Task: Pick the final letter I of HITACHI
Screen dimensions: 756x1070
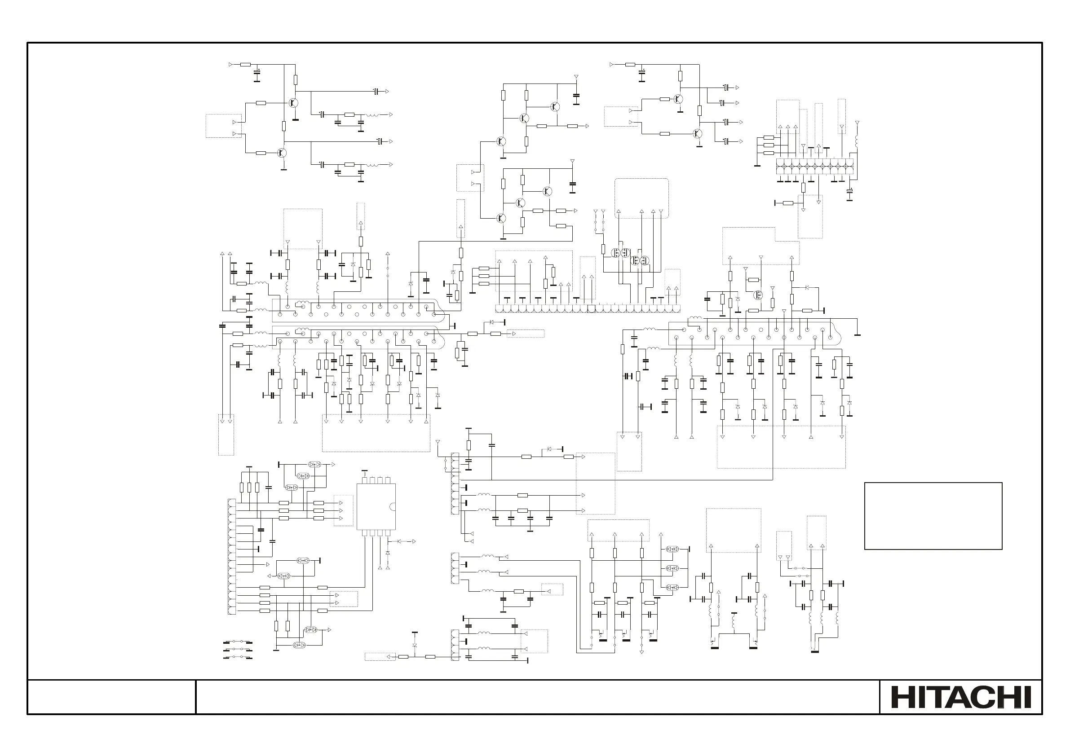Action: coord(1027,697)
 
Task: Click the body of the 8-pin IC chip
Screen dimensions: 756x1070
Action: coord(376,506)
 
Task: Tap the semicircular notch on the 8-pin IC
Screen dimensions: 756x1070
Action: coord(394,507)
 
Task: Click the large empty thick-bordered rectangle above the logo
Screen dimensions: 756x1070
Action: coord(933,516)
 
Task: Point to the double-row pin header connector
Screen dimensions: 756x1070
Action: coord(814,166)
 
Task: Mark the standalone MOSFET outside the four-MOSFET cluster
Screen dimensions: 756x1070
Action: coord(758,295)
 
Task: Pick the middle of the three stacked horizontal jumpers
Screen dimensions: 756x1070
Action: coord(238,649)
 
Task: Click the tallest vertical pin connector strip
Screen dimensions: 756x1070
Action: coord(232,557)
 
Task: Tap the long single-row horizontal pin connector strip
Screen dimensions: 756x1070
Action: coord(587,308)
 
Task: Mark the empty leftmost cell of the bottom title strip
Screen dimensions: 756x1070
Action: coord(111,697)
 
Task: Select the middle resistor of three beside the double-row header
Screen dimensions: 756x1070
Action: coord(769,145)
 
